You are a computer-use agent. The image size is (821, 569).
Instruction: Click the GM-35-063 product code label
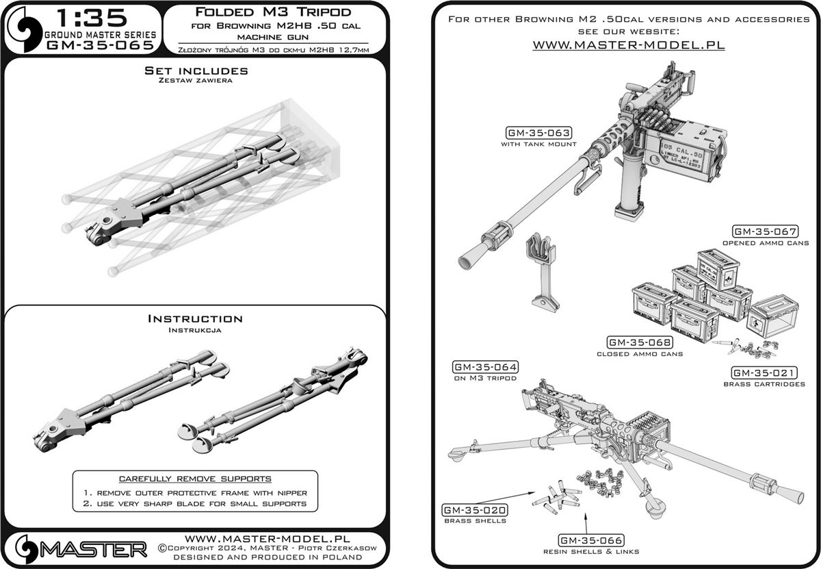tap(538, 133)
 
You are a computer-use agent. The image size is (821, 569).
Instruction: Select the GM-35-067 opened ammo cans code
tap(766, 231)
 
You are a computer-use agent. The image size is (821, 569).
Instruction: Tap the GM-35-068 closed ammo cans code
tap(640, 342)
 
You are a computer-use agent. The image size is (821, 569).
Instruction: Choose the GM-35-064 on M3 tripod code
tap(485, 366)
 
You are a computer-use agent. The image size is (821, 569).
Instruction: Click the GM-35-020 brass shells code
tap(475, 509)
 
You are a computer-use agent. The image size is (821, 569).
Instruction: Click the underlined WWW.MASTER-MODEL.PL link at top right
tap(628, 45)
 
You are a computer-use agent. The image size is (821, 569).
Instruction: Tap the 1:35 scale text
tap(80, 16)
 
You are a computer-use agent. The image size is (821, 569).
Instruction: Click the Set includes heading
tap(196, 71)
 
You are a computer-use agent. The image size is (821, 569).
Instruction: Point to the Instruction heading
tap(195, 318)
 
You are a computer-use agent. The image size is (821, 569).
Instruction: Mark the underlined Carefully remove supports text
tap(195, 478)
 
